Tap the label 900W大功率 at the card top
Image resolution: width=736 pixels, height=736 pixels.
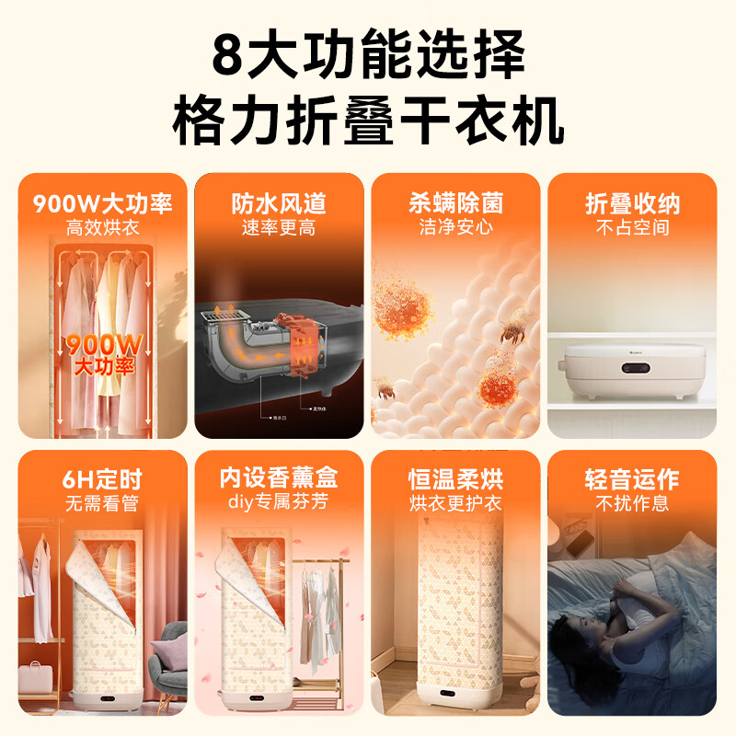click(103, 202)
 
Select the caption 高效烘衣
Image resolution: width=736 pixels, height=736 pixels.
click(103, 227)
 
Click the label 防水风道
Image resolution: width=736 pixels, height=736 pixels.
click(279, 202)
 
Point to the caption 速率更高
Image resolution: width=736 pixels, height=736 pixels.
click(279, 227)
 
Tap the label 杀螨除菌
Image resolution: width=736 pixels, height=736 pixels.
click(455, 202)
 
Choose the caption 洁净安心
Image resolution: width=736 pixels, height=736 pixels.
click(455, 227)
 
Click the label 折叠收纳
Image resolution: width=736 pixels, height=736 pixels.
click(632, 202)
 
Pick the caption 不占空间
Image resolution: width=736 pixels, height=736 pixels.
click(632, 227)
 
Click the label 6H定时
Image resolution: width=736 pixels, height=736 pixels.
click(103, 480)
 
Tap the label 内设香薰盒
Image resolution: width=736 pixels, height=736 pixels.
click(279, 478)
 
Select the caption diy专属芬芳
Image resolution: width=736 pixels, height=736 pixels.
click(279, 502)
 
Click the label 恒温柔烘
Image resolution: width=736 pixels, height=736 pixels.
click(455, 480)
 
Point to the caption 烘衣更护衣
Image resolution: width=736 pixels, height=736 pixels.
click(455, 503)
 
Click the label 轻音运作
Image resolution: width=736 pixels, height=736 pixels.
click(632, 480)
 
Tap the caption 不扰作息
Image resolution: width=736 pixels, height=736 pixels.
click(632, 503)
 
